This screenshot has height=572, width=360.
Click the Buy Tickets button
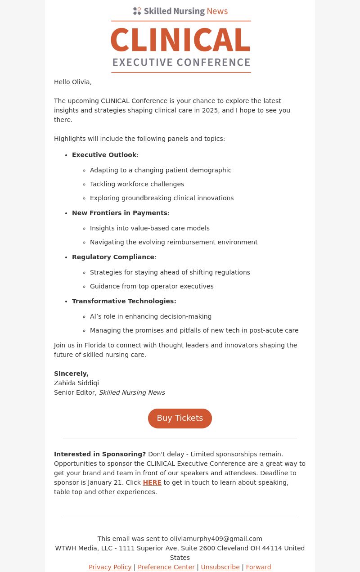click(x=180, y=418)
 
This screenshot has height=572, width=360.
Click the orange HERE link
click(x=152, y=482)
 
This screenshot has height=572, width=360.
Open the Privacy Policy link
click(x=110, y=567)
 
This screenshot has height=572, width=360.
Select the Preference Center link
click(x=166, y=567)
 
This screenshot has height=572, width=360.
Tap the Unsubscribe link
click(x=220, y=567)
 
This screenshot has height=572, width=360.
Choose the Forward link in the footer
click(x=258, y=567)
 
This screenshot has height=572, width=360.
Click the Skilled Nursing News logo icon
click(x=137, y=11)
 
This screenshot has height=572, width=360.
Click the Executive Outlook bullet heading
click(x=104, y=155)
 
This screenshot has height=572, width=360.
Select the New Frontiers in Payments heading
click(x=120, y=213)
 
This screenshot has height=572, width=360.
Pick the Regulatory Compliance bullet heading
click(x=113, y=257)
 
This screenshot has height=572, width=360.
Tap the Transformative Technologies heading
click(x=124, y=301)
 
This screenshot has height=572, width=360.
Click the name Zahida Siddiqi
click(x=76, y=383)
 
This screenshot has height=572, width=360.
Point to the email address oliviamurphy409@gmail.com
click(x=216, y=539)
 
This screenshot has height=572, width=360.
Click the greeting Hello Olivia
click(x=72, y=82)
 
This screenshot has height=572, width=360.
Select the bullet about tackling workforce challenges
click(x=137, y=184)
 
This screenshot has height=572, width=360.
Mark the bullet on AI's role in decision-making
click(x=151, y=316)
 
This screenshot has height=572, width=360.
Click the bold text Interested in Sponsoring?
click(x=100, y=454)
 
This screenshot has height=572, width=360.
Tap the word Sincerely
click(x=71, y=374)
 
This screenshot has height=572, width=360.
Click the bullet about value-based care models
click(x=150, y=228)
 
